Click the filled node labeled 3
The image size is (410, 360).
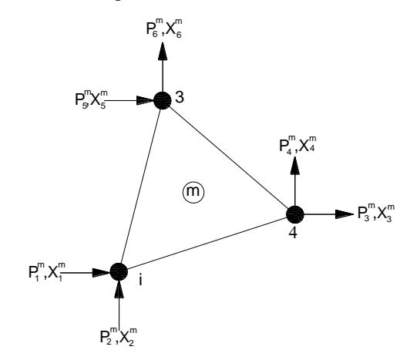click(163, 100)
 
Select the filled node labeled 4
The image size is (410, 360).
click(295, 214)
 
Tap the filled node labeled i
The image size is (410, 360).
click(119, 272)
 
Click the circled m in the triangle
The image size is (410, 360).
click(193, 191)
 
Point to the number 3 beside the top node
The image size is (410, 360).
click(180, 97)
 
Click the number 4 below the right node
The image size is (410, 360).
click(293, 233)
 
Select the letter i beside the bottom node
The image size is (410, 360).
click(141, 280)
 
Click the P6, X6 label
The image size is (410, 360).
click(164, 29)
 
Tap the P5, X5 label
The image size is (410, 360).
click(91, 99)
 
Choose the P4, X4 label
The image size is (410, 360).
click(297, 145)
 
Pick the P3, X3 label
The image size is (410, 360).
click(376, 213)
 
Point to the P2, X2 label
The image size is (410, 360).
click(119, 337)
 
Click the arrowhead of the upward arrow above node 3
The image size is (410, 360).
click(163, 52)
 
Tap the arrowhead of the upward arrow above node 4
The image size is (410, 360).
click(295, 165)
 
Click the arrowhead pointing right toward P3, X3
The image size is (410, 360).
click(344, 214)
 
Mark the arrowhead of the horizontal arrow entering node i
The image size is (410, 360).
click(102, 272)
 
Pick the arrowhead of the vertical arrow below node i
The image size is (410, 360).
click(119, 289)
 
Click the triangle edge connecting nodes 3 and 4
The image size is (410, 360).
click(229, 157)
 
